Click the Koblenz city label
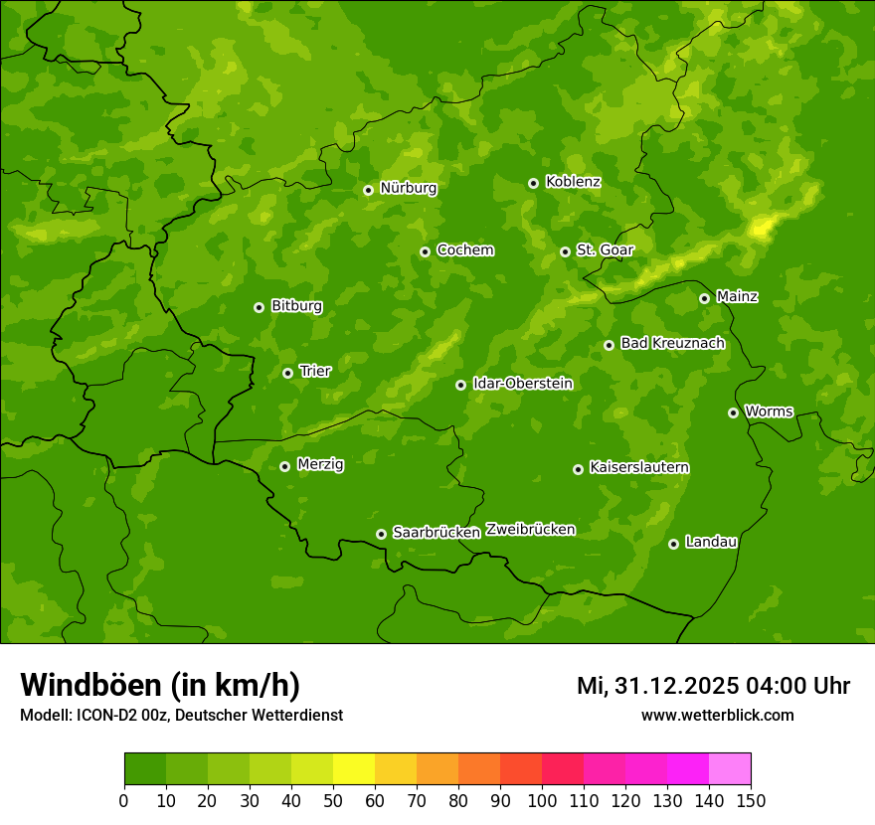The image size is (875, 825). pyautogui.click(x=573, y=182)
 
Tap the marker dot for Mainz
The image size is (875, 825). pyautogui.click(x=704, y=298)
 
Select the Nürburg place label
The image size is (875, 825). pyautogui.click(x=408, y=188)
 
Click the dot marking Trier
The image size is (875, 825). pyautogui.click(x=287, y=373)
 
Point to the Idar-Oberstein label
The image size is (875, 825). pyautogui.click(x=523, y=384)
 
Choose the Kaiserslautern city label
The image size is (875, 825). pyautogui.click(x=639, y=467)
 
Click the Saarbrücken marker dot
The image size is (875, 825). pyautogui.click(x=381, y=534)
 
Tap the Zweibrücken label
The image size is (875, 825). pyautogui.click(x=530, y=530)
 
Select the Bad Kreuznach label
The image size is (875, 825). pyautogui.click(x=672, y=343)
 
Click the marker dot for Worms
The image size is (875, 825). pyautogui.click(x=733, y=412)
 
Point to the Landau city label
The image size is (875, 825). pyautogui.click(x=711, y=542)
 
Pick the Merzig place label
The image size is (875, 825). pyautogui.click(x=320, y=464)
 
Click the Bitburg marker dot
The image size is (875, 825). pyautogui.click(x=259, y=307)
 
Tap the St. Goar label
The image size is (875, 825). pyautogui.click(x=605, y=250)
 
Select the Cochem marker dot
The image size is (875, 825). pyautogui.click(x=425, y=251)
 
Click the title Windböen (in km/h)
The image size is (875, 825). pyautogui.click(x=160, y=685)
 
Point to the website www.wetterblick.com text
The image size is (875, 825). pyautogui.click(x=717, y=715)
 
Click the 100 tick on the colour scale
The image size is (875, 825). pyautogui.click(x=542, y=800)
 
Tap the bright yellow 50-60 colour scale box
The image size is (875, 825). pyautogui.click(x=354, y=769)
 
